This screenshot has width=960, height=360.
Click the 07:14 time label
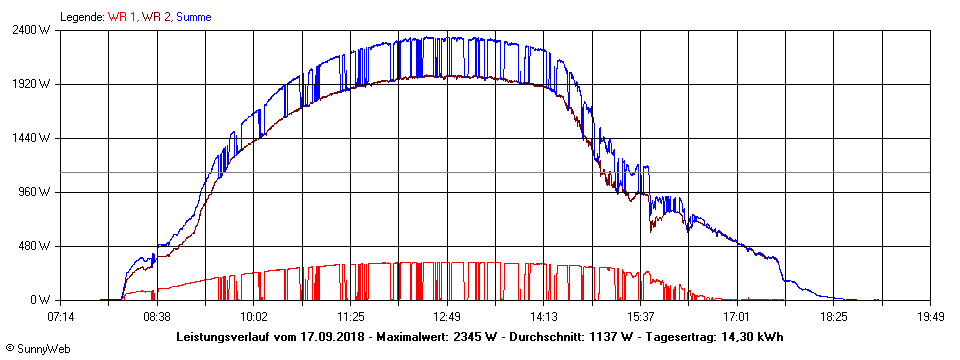[x=60, y=317]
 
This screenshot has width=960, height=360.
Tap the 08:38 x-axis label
[x=157, y=317]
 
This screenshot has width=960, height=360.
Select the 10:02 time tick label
[x=254, y=317]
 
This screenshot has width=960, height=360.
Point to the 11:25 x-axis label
[x=350, y=317]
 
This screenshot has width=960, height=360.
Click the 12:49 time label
[x=447, y=317]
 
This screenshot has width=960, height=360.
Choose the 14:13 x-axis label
[x=544, y=317]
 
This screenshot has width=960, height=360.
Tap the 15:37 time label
[x=640, y=317]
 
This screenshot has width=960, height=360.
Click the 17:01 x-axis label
[x=737, y=317]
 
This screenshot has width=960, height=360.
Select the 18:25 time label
[x=834, y=317]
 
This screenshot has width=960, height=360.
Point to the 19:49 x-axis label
[x=930, y=317]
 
